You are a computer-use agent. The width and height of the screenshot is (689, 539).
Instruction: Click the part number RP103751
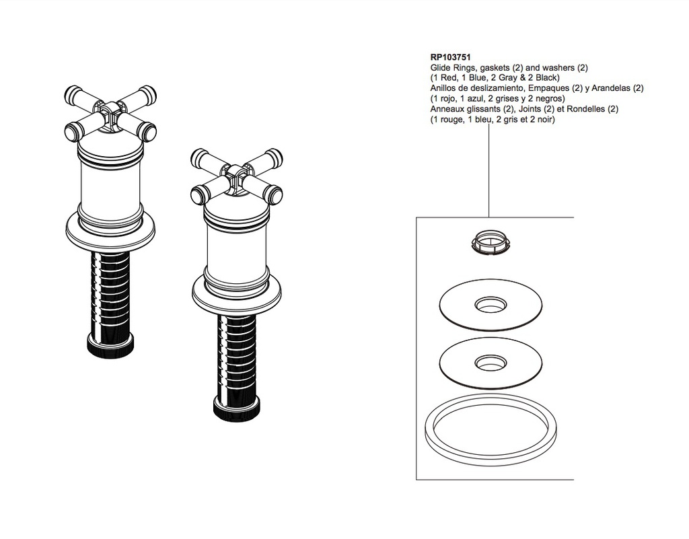pyautogui.click(x=450, y=57)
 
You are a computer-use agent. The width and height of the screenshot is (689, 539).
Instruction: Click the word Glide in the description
pyautogui.click(x=440, y=68)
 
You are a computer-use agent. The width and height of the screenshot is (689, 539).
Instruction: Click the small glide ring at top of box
pyautogui.click(x=488, y=242)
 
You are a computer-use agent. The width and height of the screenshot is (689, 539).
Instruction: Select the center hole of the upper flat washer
pyautogui.click(x=491, y=304)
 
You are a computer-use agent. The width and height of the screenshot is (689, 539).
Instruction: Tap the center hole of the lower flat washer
pyautogui.click(x=491, y=362)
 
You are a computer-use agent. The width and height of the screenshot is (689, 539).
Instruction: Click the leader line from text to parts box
pyautogui.click(x=489, y=170)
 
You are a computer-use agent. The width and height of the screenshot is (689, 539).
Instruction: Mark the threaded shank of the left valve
pyautogui.click(x=110, y=293)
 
